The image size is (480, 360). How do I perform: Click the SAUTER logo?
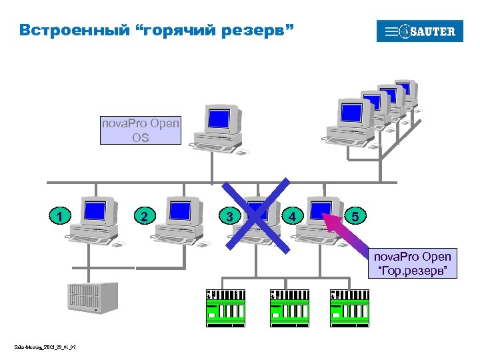pos(419,31)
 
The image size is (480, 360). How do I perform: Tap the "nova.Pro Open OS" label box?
pos(140,130)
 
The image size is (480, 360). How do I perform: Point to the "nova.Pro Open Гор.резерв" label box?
pos(413,263)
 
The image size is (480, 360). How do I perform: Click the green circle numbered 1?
pos(61,216)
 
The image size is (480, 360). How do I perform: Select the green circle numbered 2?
pos(145,216)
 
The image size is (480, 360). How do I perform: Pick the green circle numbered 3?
pos(229,216)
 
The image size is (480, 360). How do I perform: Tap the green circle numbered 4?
pos(292,216)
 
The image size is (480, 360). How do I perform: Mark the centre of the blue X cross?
pos(257,215)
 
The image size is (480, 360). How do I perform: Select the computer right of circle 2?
pos(179,220)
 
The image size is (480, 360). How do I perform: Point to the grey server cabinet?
pos(93,298)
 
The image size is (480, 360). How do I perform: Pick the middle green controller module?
pos(287,307)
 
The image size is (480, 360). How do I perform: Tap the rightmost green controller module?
pos(349,307)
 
